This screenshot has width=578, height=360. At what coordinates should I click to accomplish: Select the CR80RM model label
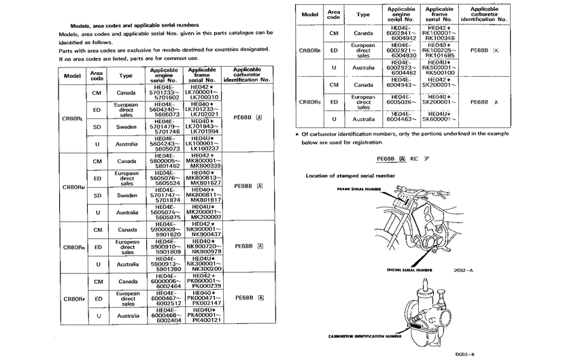tap(72, 186)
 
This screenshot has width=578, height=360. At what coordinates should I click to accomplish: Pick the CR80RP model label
tap(72, 299)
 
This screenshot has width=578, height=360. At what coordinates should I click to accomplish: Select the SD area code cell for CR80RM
tap(97, 195)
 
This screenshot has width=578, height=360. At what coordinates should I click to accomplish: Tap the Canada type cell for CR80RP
tap(126, 281)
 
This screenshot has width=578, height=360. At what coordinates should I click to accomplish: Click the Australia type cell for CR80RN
tap(126, 264)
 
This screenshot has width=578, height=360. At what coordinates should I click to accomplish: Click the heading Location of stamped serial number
tap(350, 176)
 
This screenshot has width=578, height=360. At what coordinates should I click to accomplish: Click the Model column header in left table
tap(72, 75)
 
